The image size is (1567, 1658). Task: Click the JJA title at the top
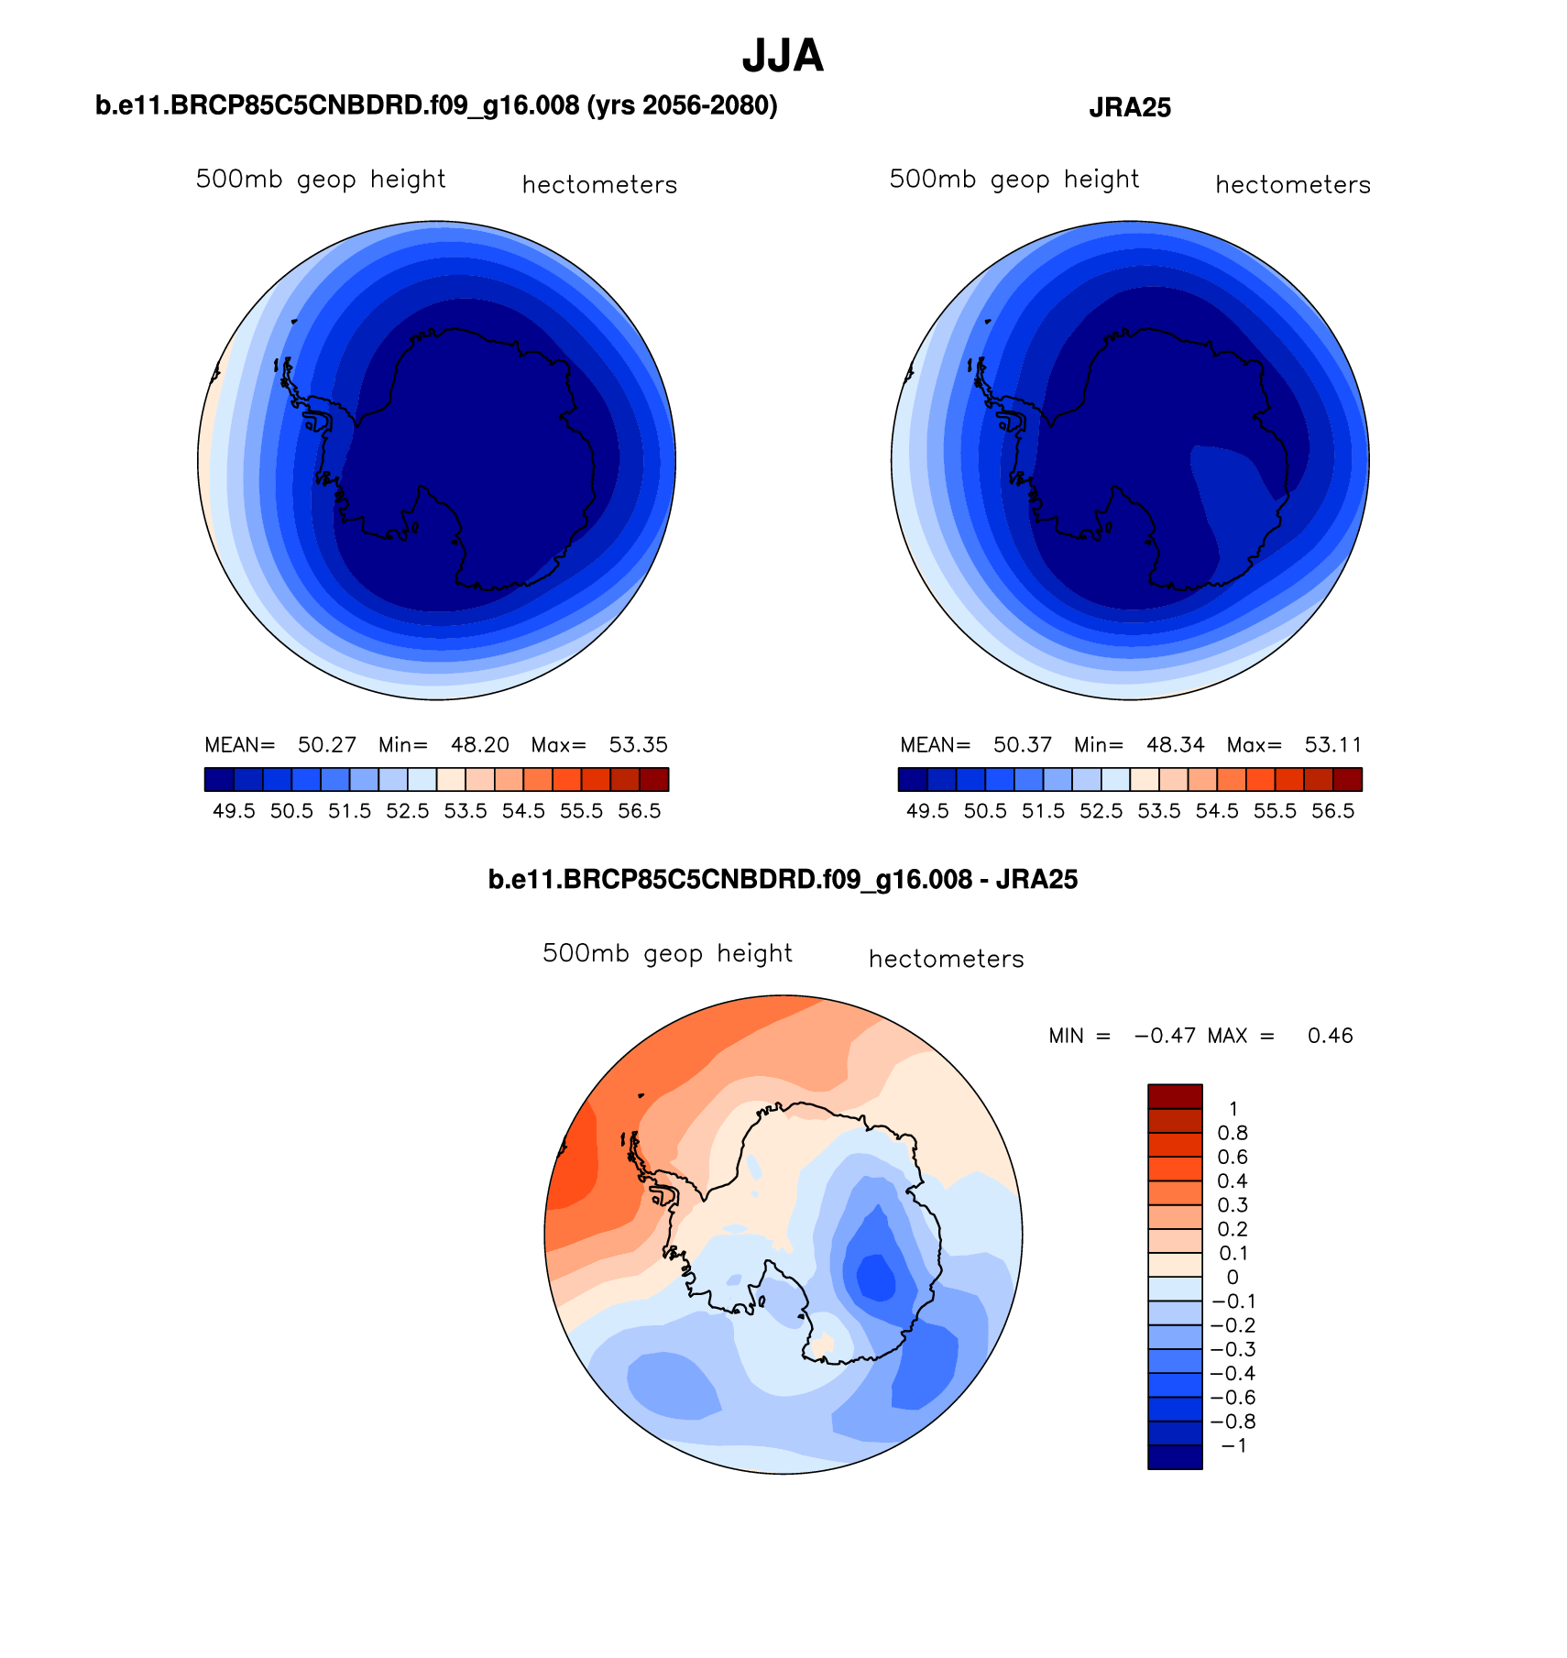(783, 57)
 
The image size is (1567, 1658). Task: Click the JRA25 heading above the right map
(1130, 108)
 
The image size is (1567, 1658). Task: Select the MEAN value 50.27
(327, 745)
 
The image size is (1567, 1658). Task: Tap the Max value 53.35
(639, 745)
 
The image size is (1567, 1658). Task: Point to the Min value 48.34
(1176, 745)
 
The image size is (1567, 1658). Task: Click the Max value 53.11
(1333, 745)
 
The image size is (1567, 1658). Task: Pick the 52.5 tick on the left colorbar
(408, 812)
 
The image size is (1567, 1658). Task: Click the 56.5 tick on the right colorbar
(1333, 812)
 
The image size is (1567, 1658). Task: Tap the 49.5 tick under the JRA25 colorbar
(927, 812)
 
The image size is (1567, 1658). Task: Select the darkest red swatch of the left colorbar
(653, 779)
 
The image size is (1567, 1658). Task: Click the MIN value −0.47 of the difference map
(1165, 1037)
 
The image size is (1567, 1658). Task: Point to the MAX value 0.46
(1331, 1037)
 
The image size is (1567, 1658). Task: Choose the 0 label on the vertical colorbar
(1233, 1278)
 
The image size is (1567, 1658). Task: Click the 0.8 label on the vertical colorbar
(1233, 1134)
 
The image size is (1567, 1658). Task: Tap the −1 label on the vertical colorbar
(1233, 1446)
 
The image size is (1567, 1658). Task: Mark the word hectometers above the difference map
(946, 960)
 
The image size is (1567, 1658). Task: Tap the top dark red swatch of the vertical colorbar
(1175, 1096)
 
